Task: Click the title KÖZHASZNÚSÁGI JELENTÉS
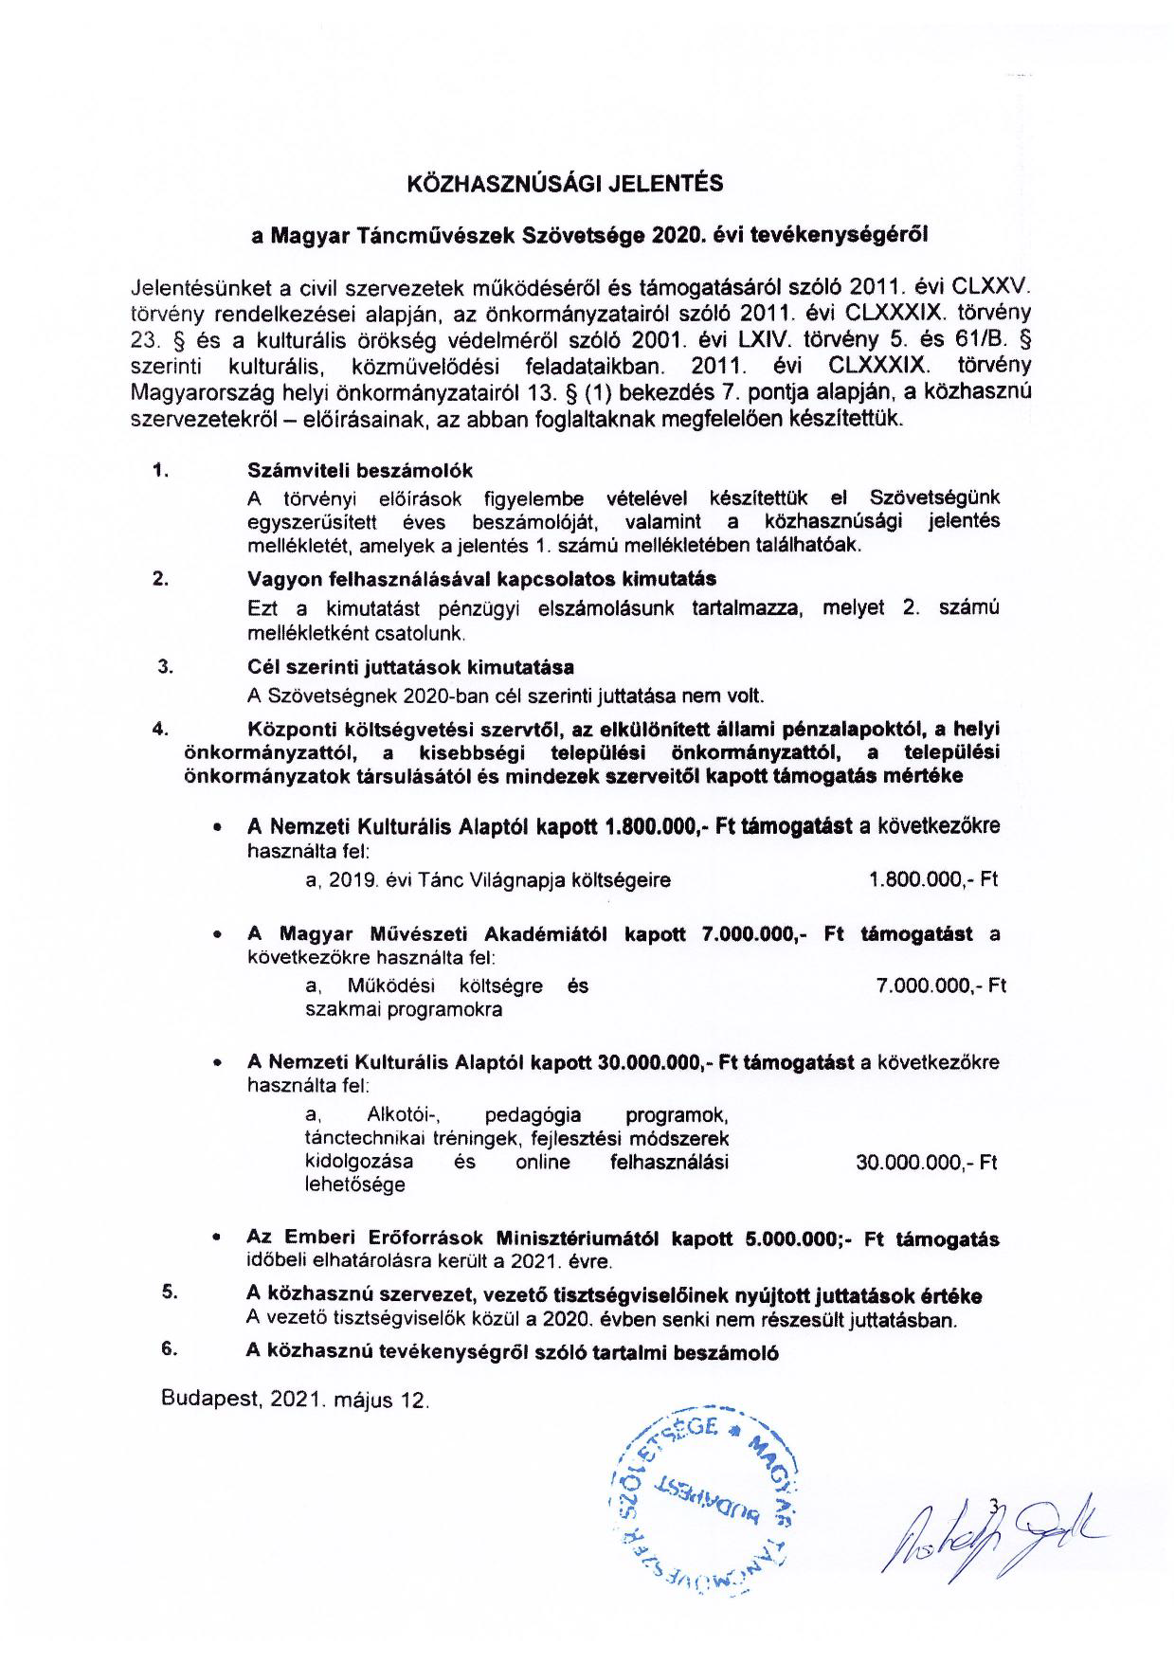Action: (x=565, y=184)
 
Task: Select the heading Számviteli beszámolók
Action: (x=360, y=471)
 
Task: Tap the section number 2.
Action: (x=160, y=579)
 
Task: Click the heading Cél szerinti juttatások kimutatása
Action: (x=410, y=667)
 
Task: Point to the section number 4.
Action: (x=160, y=729)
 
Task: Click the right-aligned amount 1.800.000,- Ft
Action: (x=933, y=879)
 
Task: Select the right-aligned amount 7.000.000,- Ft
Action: (x=941, y=985)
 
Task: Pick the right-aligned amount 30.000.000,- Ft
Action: (x=926, y=1163)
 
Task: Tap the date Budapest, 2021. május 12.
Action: (x=295, y=1400)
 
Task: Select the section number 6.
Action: (x=170, y=1349)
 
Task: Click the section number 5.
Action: (x=170, y=1292)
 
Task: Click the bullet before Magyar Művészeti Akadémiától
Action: (x=218, y=934)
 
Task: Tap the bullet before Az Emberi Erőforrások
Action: (x=218, y=1238)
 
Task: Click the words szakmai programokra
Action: (x=404, y=1009)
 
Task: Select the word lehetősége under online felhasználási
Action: (x=354, y=1184)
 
